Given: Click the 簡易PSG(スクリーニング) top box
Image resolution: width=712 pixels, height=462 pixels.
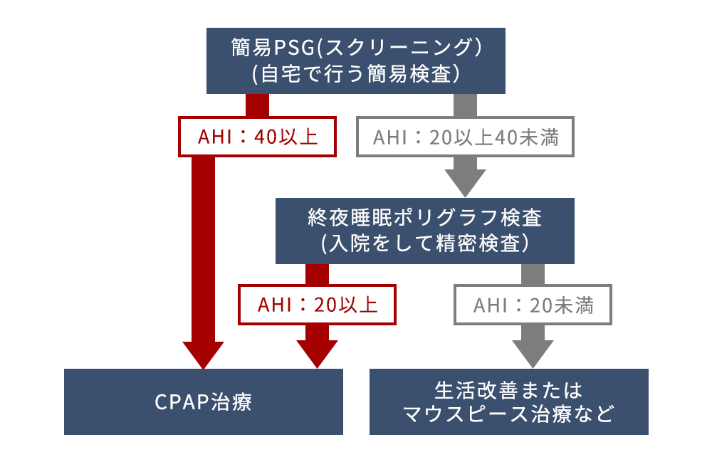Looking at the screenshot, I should click(x=355, y=61).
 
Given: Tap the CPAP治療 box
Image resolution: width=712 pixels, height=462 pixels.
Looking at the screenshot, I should click(x=204, y=401).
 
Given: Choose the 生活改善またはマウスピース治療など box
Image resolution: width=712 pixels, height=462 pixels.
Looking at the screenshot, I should click(x=508, y=401).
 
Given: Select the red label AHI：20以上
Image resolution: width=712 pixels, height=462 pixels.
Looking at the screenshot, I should click(x=317, y=305).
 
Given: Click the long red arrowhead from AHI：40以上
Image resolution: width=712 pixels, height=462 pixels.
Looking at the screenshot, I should click(x=204, y=353).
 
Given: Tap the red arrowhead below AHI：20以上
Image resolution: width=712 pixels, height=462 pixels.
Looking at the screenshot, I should click(x=317, y=353).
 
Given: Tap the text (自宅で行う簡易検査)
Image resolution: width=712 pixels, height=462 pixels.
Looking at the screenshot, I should click(x=355, y=73).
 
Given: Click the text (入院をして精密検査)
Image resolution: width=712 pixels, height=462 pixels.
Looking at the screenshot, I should click(x=424, y=243).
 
